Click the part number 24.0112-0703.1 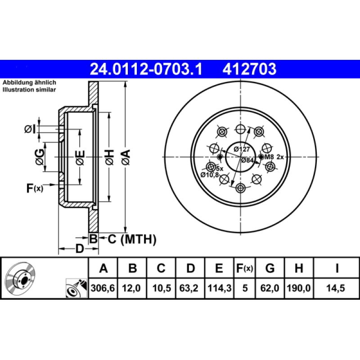pos(147,69)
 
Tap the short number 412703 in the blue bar pos(249,69)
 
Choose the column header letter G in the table pos(270,269)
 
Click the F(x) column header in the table pos(245,269)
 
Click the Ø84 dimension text pos(248,160)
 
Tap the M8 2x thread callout pos(274,157)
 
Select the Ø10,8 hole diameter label pos(210,174)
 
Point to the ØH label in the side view pos(110,156)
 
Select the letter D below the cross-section pos(79,248)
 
